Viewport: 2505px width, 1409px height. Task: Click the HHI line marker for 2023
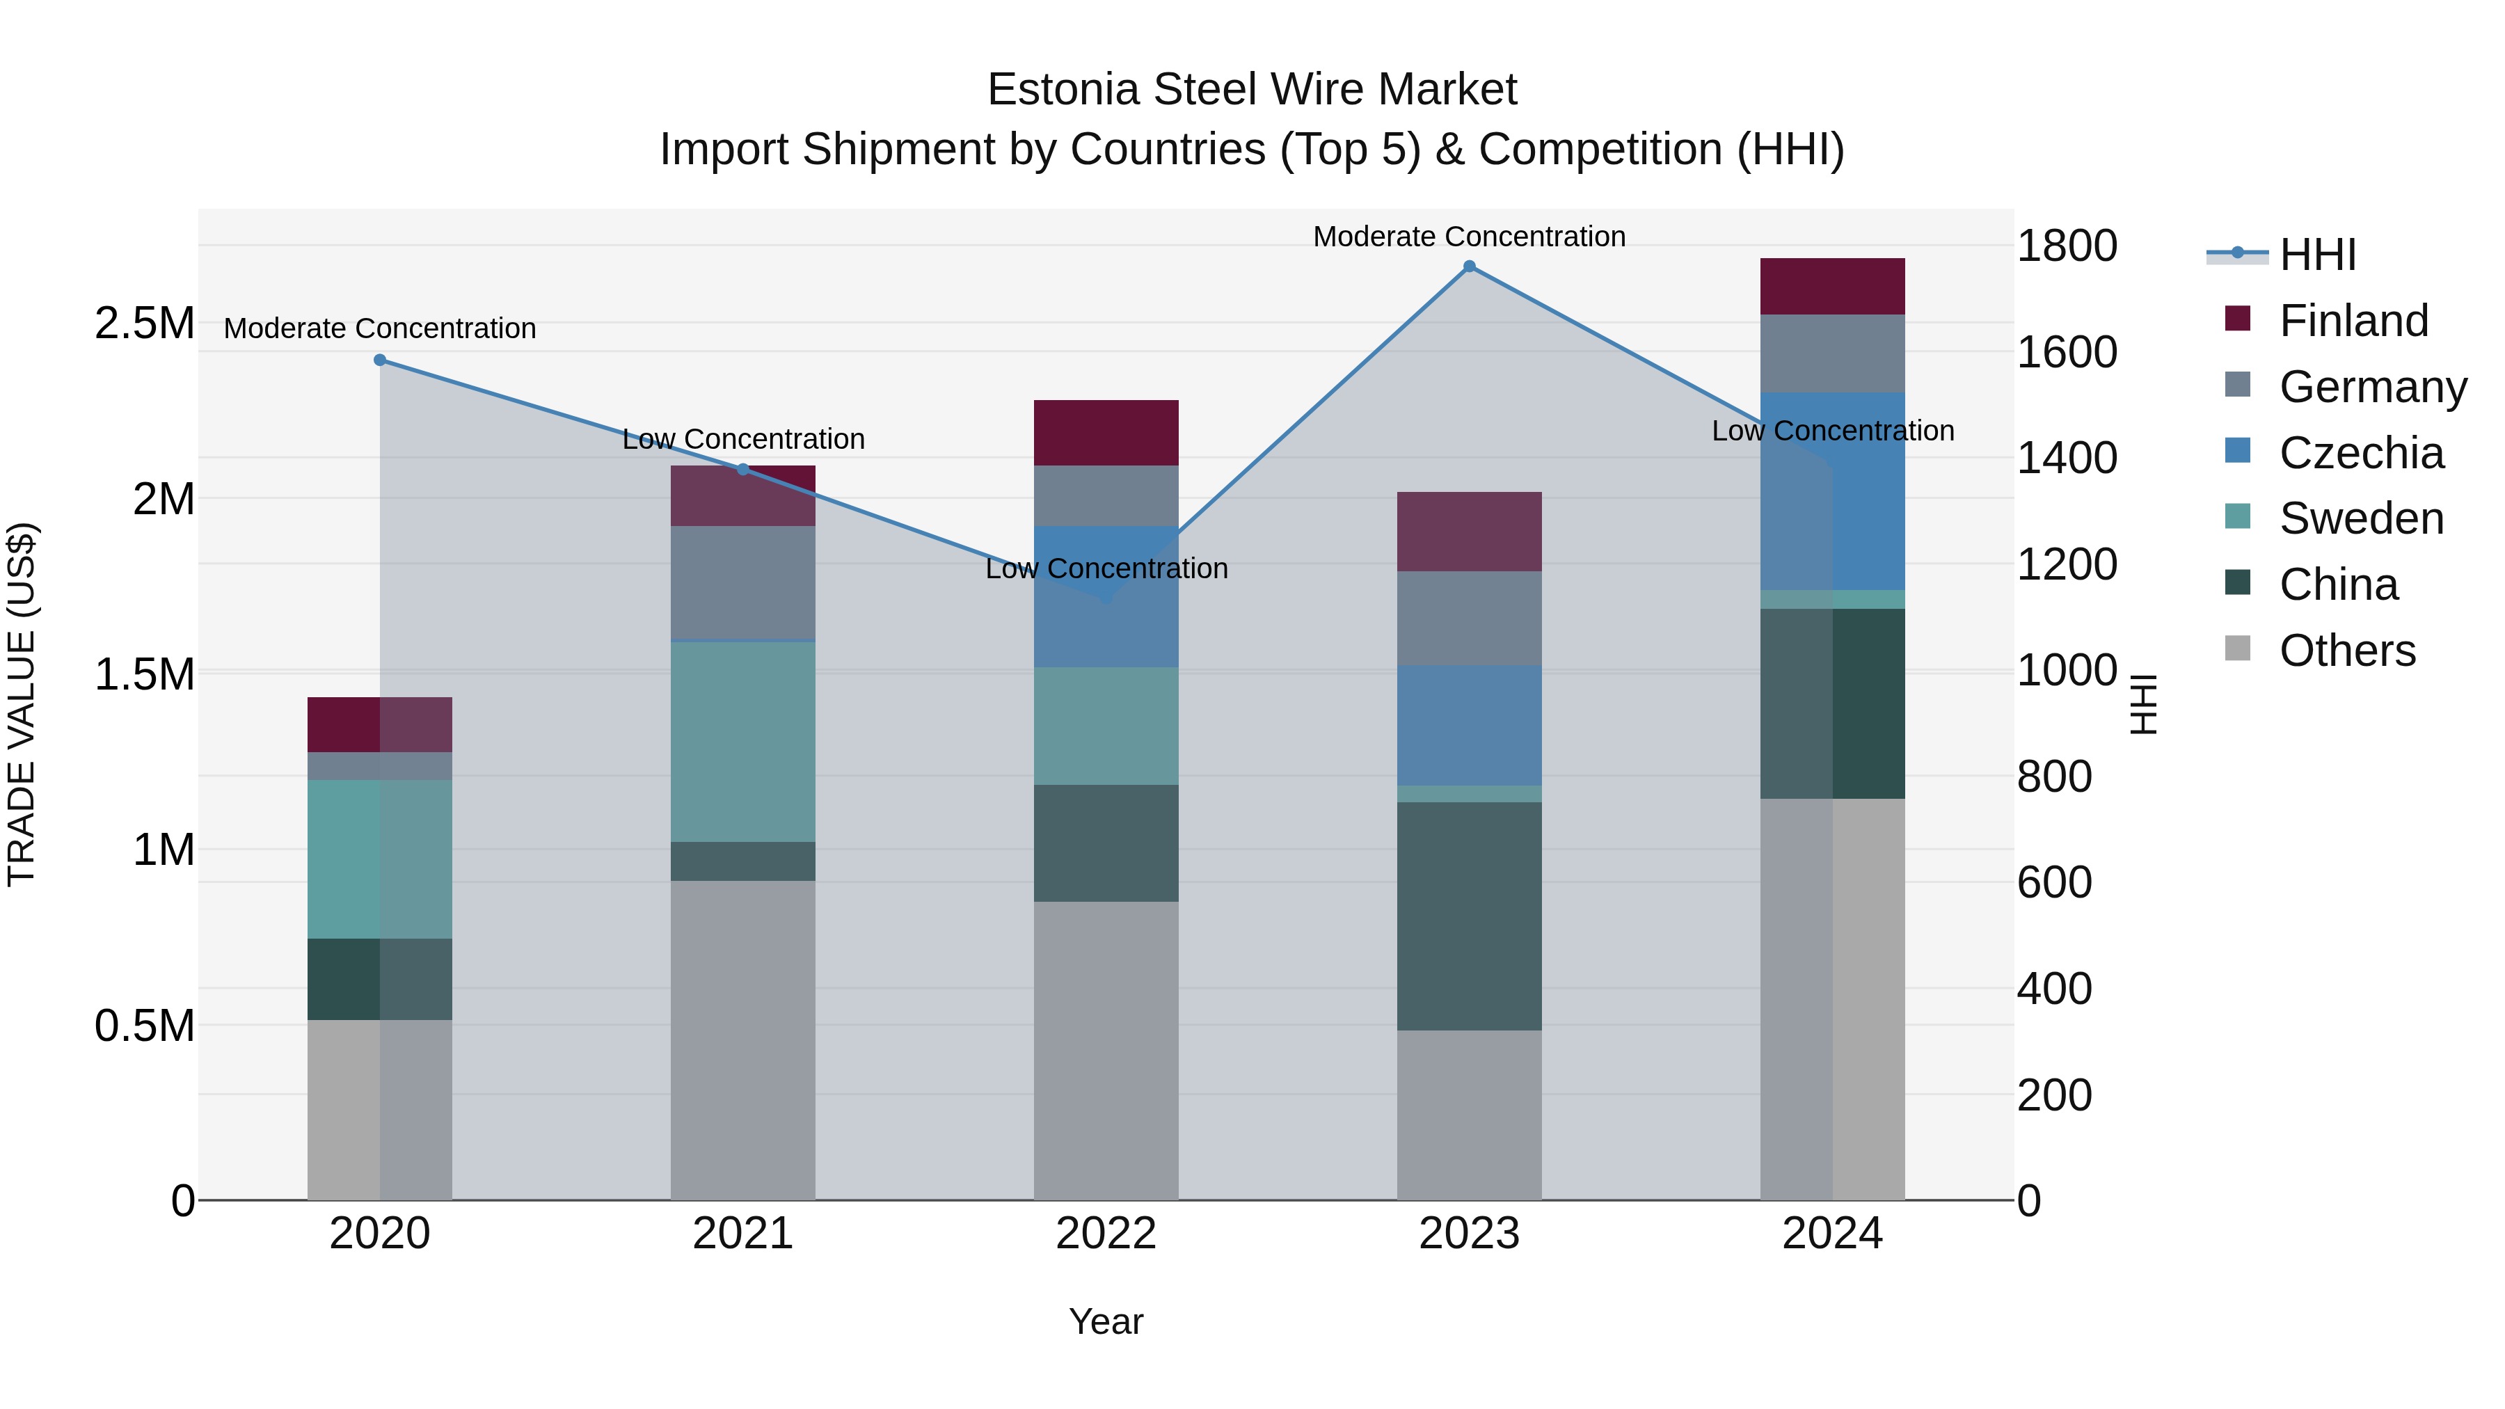click(1470, 266)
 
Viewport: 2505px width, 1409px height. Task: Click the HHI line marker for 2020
click(380, 360)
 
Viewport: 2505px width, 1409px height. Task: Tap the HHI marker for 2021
click(743, 469)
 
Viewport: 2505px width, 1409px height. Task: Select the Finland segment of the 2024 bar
click(1832, 287)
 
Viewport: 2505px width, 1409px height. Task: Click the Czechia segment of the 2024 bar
click(1832, 491)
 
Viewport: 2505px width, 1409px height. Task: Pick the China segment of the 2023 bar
click(1470, 916)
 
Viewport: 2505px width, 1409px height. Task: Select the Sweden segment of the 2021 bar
click(743, 742)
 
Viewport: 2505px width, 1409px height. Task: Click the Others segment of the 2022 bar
click(1106, 1050)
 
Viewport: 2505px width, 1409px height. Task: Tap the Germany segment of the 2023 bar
click(1470, 619)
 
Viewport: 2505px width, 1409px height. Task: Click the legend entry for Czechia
click(2360, 453)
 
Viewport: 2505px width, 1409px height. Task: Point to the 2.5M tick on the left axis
click(144, 323)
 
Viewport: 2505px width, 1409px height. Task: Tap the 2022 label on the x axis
click(1106, 1234)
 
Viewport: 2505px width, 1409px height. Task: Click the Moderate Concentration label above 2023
click(1470, 237)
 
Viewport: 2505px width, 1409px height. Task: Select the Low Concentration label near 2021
click(743, 440)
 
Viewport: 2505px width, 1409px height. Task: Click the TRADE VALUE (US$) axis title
click(22, 704)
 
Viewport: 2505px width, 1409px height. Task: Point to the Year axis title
click(1106, 1321)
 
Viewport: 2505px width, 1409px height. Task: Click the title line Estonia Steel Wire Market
click(1252, 90)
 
